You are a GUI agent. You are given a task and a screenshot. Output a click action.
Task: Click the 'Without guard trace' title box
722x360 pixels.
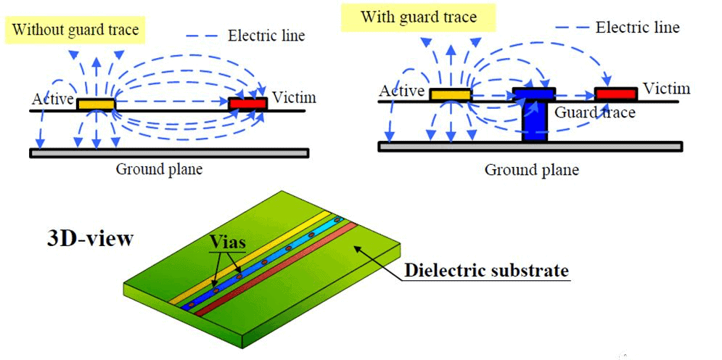75,30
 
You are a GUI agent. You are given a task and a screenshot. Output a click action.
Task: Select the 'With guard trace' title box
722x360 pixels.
418,18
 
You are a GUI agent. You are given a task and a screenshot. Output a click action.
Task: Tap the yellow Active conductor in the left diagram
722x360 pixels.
96,104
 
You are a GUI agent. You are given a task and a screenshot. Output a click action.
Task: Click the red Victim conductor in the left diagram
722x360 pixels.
248,104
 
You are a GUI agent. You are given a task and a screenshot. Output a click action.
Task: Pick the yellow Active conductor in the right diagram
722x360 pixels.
451,94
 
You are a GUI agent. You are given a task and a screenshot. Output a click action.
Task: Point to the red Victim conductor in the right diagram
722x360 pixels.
616,94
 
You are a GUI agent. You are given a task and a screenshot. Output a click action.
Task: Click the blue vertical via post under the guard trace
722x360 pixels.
535,121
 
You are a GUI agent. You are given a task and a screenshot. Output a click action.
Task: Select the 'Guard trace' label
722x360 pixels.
595,112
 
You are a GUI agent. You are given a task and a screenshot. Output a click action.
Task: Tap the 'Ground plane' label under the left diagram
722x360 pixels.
159,169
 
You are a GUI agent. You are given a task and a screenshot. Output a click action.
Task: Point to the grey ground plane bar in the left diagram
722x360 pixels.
169,153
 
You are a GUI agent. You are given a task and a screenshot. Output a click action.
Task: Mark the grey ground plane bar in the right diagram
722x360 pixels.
530,147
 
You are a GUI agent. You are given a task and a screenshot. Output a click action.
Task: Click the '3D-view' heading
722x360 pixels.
90,239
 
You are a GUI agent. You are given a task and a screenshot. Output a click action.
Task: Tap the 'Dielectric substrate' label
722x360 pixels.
486,270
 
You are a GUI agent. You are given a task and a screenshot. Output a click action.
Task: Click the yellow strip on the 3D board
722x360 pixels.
250,258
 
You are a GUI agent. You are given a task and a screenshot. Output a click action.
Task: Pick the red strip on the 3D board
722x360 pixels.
275,269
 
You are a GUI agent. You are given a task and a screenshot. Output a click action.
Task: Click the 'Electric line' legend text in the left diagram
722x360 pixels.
266,35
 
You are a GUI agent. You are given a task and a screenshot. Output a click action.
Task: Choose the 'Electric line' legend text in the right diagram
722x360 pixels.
637,27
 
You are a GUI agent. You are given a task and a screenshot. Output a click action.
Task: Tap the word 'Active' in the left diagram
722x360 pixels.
53,99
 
